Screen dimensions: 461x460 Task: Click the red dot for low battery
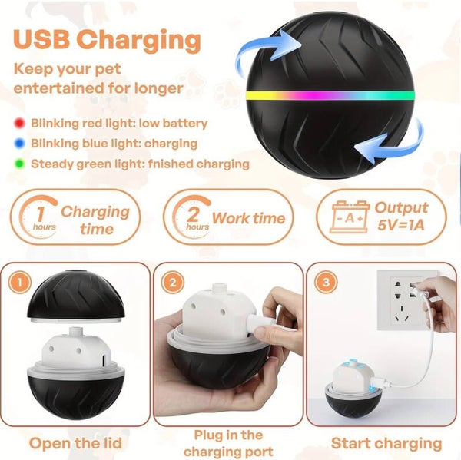click(x=19, y=124)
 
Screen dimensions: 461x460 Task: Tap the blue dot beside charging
click(x=19, y=144)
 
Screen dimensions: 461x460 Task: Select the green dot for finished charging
click(x=19, y=164)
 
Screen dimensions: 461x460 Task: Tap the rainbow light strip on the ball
click(x=330, y=96)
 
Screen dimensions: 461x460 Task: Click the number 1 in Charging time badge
click(x=40, y=213)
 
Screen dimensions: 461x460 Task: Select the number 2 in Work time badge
click(x=193, y=213)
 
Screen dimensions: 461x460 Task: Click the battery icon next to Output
click(x=350, y=217)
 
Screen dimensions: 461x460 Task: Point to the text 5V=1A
click(x=401, y=226)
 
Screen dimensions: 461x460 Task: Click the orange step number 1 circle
click(x=20, y=282)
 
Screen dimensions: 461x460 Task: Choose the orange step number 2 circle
click(x=173, y=282)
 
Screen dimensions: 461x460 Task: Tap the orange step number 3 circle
click(x=326, y=282)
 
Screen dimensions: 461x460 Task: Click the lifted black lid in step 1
click(x=76, y=297)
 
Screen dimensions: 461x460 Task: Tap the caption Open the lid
click(x=75, y=443)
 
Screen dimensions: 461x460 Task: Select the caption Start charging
click(x=386, y=444)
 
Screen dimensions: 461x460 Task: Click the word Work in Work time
click(x=230, y=218)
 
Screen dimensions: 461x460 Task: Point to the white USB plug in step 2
click(x=260, y=323)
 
